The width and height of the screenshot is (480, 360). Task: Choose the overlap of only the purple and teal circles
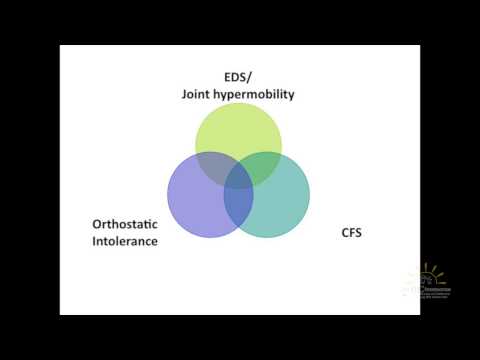[x=238, y=205]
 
